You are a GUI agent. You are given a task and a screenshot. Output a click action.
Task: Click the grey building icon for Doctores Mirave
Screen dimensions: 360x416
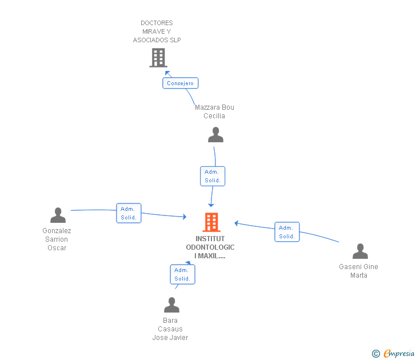(x=158, y=58)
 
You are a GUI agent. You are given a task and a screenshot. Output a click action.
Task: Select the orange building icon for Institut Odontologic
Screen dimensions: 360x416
(x=211, y=222)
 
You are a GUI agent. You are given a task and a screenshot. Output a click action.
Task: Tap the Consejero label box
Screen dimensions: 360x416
(x=180, y=83)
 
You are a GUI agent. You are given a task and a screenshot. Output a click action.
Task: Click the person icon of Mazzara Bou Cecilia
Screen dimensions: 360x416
(x=215, y=135)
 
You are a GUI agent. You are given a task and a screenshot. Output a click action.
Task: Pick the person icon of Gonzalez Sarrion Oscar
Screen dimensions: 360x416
(x=58, y=215)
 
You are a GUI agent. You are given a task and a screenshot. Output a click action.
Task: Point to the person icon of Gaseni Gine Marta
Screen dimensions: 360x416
(x=360, y=251)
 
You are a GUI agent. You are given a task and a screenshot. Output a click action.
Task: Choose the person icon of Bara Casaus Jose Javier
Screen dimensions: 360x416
(x=171, y=305)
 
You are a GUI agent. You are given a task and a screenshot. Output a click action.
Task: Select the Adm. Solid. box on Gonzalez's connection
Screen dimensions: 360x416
(x=129, y=213)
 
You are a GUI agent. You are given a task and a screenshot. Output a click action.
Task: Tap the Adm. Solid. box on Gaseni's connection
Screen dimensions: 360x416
(x=287, y=231)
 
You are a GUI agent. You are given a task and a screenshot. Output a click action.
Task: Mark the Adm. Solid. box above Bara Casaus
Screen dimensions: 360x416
(x=182, y=274)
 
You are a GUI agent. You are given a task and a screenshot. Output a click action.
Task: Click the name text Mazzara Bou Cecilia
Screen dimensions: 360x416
(x=214, y=111)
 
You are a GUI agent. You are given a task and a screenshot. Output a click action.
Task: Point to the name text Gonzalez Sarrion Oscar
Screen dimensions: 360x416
(x=57, y=239)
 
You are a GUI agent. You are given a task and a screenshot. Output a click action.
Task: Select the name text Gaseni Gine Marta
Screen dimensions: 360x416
(x=358, y=271)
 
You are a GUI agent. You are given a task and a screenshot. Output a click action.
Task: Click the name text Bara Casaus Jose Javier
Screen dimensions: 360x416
(x=170, y=329)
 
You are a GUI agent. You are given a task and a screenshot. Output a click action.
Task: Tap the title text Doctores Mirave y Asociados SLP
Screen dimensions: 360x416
(x=157, y=31)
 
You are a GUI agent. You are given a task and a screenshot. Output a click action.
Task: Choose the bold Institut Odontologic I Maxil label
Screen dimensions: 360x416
(x=210, y=247)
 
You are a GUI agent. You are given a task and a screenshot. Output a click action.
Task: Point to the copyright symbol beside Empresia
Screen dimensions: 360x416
(x=376, y=354)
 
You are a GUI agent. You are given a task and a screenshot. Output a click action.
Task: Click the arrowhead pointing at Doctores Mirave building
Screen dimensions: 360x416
(x=167, y=73)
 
